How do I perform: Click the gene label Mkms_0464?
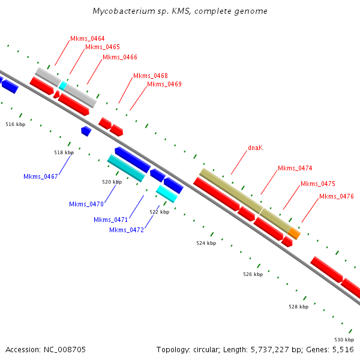(x=87, y=38)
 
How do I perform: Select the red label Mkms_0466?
(x=119, y=58)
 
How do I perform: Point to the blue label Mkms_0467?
(x=40, y=176)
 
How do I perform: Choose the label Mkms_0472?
(x=126, y=230)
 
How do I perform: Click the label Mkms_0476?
(x=336, y=196)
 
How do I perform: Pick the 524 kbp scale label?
(x=205, y=243)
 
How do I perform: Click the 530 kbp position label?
(x=343, y=340)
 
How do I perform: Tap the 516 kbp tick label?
(x=15, y=124)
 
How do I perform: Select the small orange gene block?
(x=294, y=233)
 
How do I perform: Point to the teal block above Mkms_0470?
(x=125, y=168)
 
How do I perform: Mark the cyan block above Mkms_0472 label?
(x=166, y=193)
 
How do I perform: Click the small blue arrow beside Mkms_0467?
(x=86, y=130)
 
